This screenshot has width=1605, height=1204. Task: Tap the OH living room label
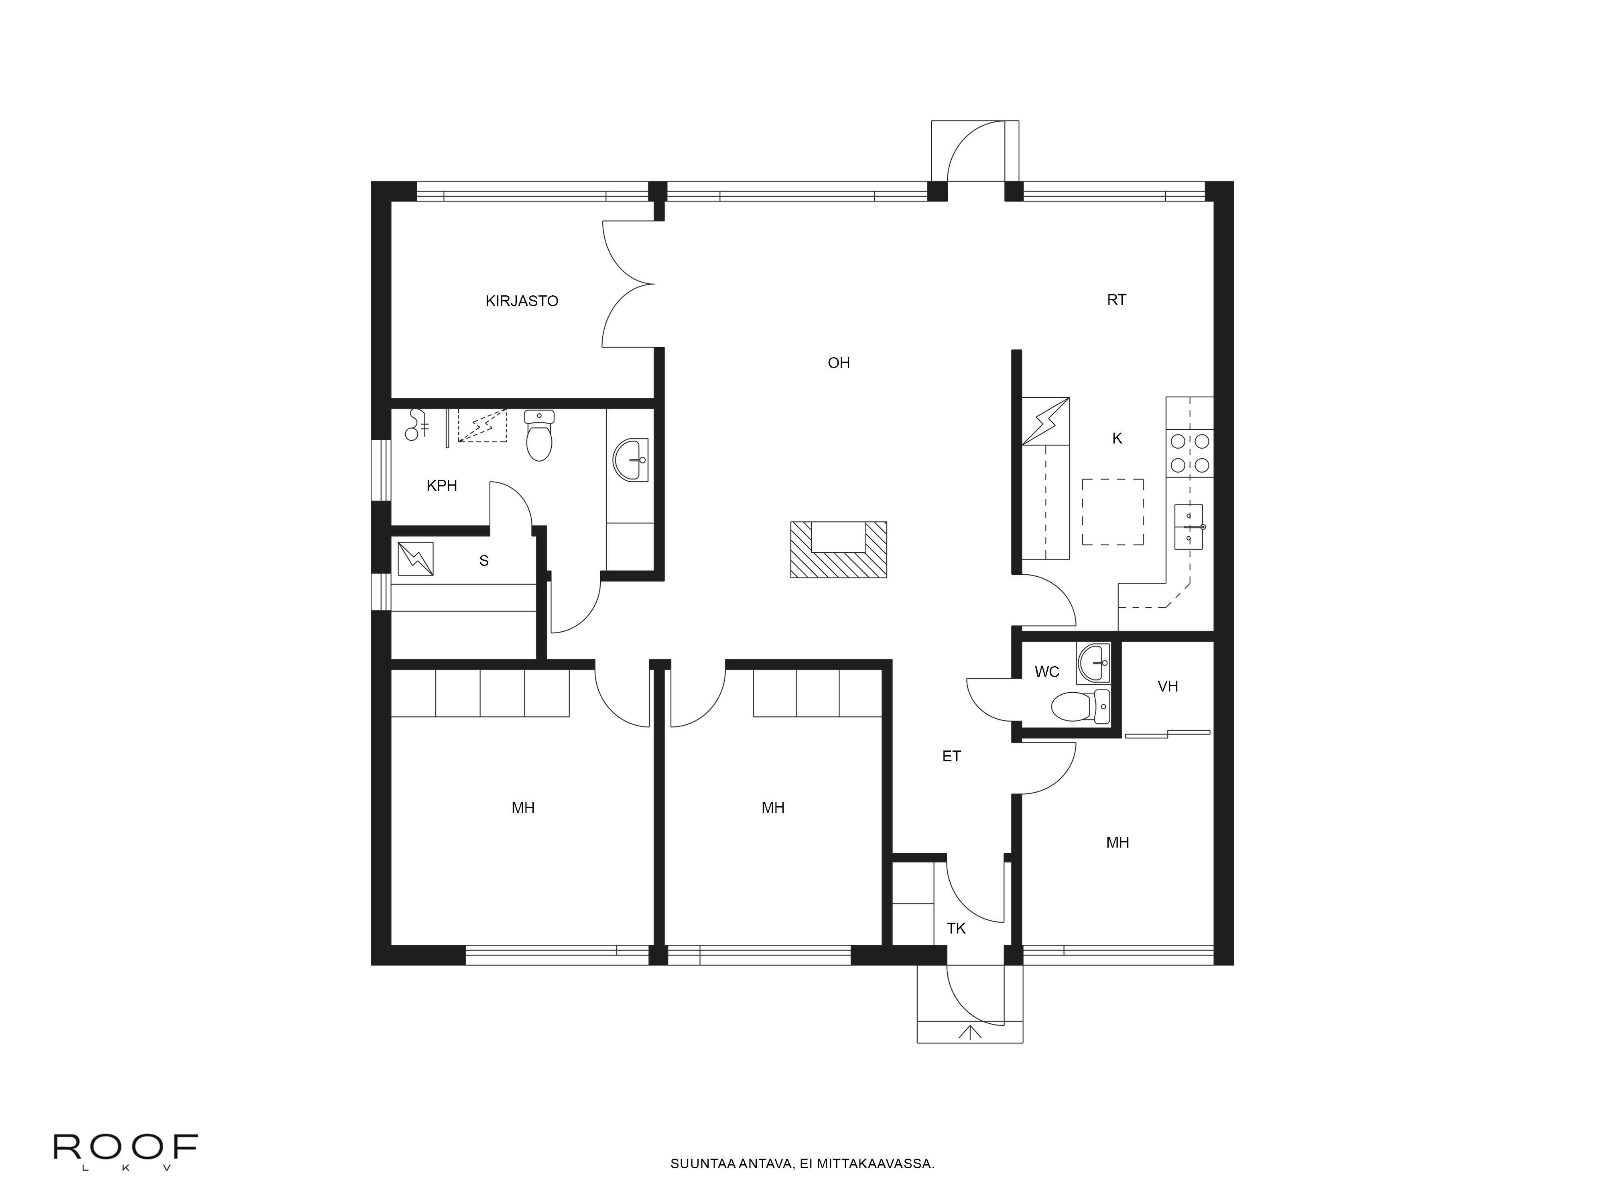tap(838, 363)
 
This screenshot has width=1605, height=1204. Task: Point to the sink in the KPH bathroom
tap(630, 460)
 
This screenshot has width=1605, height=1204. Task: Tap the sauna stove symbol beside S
tap(416, 559)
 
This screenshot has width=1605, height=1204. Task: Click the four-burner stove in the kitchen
tap(1189, 453)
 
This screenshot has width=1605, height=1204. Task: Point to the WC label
tap(1046, 672)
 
